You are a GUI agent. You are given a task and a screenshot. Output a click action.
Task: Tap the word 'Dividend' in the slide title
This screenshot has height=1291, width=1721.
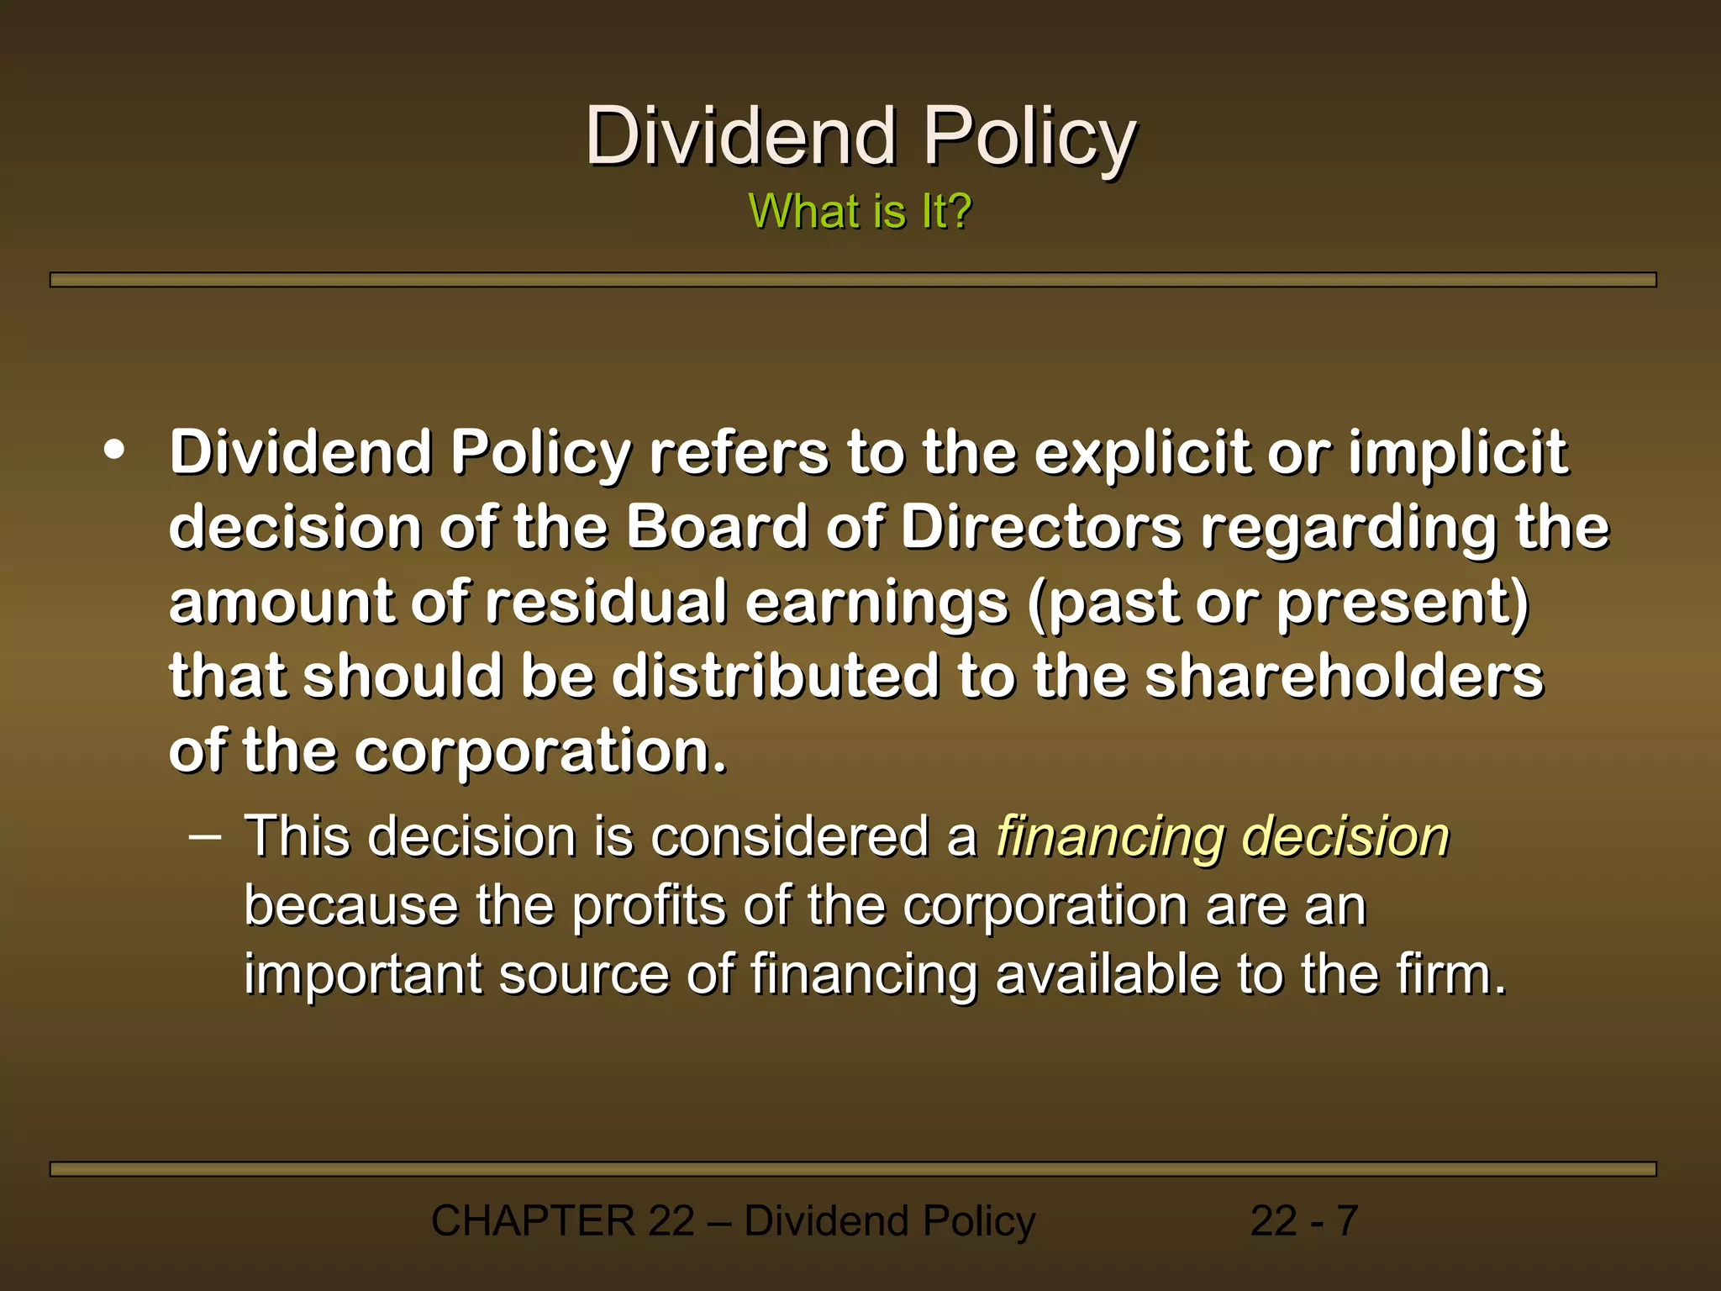(x=740, y=136)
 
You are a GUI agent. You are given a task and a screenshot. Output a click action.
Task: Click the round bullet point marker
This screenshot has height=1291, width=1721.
(x=114, y=451)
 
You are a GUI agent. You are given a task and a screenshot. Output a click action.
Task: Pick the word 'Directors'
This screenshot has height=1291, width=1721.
(x=1041, y=528)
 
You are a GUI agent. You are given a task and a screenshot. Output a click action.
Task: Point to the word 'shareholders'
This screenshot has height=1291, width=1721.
(x=1344, y=676)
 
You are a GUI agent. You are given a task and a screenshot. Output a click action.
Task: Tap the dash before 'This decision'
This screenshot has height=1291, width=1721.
(x=205, y=837)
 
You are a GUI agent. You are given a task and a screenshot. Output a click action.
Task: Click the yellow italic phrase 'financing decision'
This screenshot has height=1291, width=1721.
(x=1223, y=837)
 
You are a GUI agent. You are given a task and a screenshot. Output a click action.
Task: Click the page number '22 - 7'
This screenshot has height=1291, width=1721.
(x=1303, y=1220)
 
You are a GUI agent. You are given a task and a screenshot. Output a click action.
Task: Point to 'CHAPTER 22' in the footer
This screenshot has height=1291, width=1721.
(x=562, y=1220)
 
